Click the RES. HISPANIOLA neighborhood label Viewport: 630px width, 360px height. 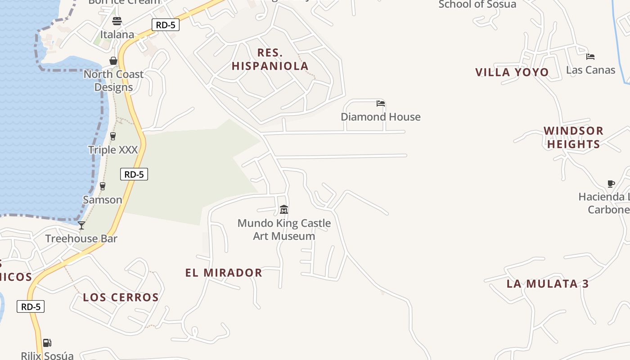270,59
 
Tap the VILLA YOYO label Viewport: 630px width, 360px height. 512,72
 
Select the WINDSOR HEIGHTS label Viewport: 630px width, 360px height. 573,137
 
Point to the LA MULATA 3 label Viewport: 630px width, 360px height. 548,284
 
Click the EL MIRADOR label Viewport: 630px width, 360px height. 224,273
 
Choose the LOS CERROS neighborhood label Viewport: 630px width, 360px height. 121,297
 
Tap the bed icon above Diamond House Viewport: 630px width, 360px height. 381,103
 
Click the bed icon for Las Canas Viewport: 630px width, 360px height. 590,57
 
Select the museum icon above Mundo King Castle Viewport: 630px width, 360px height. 284,210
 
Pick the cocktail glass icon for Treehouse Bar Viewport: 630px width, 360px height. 81,225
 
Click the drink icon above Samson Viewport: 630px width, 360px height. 103,186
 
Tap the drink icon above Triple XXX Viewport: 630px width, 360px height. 113,136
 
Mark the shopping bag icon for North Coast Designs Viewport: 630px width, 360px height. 113,61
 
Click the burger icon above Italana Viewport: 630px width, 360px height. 117,21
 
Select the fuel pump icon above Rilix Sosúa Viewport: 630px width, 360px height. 47,343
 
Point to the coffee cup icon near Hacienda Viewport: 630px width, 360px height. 611,184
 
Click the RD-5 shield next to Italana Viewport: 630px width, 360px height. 166,25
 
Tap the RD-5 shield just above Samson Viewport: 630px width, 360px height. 134,174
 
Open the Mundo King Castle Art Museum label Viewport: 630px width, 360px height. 284,229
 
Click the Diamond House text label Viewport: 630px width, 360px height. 381,117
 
